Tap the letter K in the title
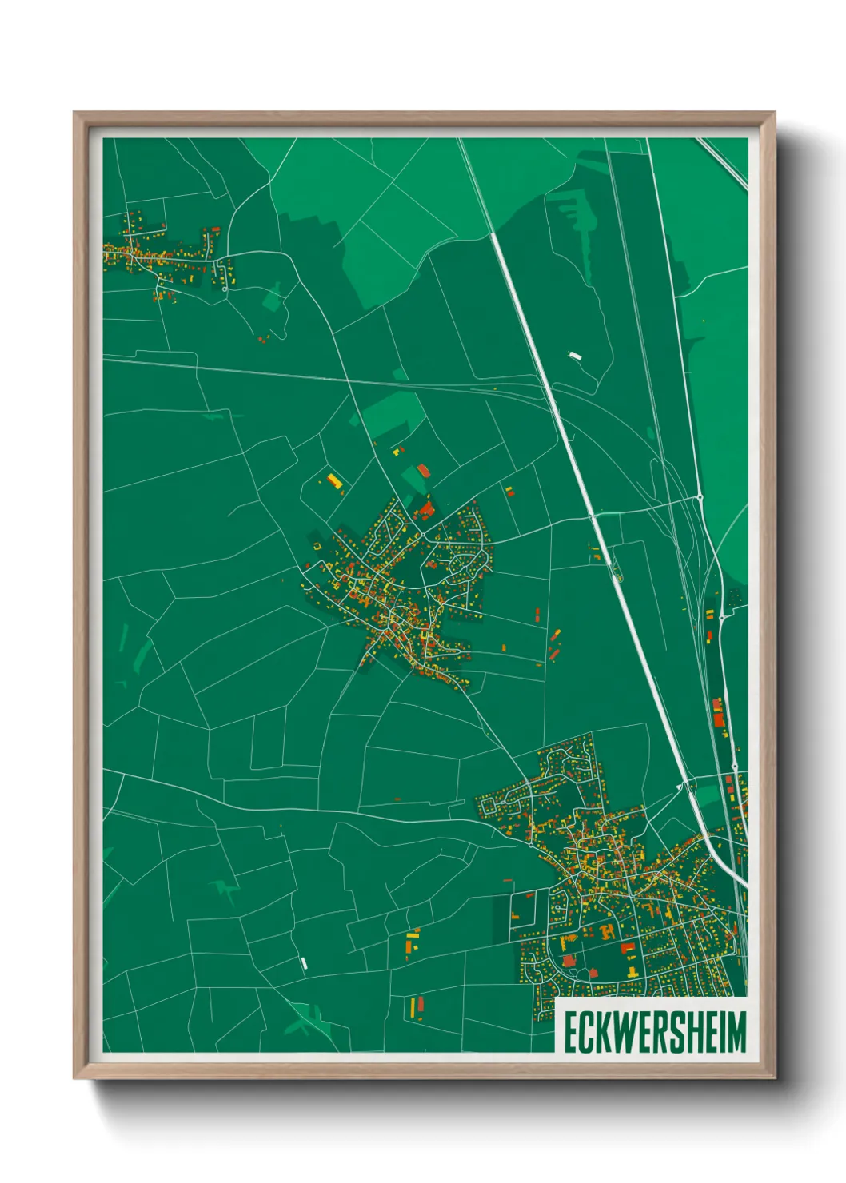607,1032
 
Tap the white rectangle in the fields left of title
304,963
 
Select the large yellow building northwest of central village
333,480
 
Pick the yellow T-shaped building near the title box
633,971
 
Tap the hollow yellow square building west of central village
317,545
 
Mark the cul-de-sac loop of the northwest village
225,289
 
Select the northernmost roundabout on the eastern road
700,497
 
